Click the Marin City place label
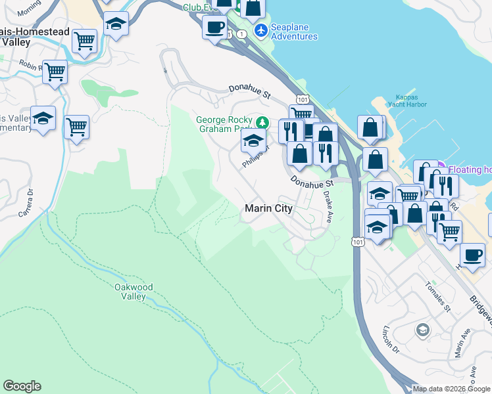click(x=268, y=208)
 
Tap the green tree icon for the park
click(x=262, y=121)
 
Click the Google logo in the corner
click(x=22, y=386)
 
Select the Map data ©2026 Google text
click(x=451, y=389)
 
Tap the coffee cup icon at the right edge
click(x=472, y=255)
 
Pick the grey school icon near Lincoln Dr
click(x=422, y=329)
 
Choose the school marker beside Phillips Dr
click(x=253, y=140)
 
